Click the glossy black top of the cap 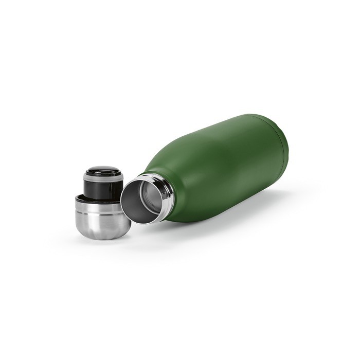point(103,171)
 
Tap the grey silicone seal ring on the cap point(103,178)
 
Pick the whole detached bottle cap point(100,203)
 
